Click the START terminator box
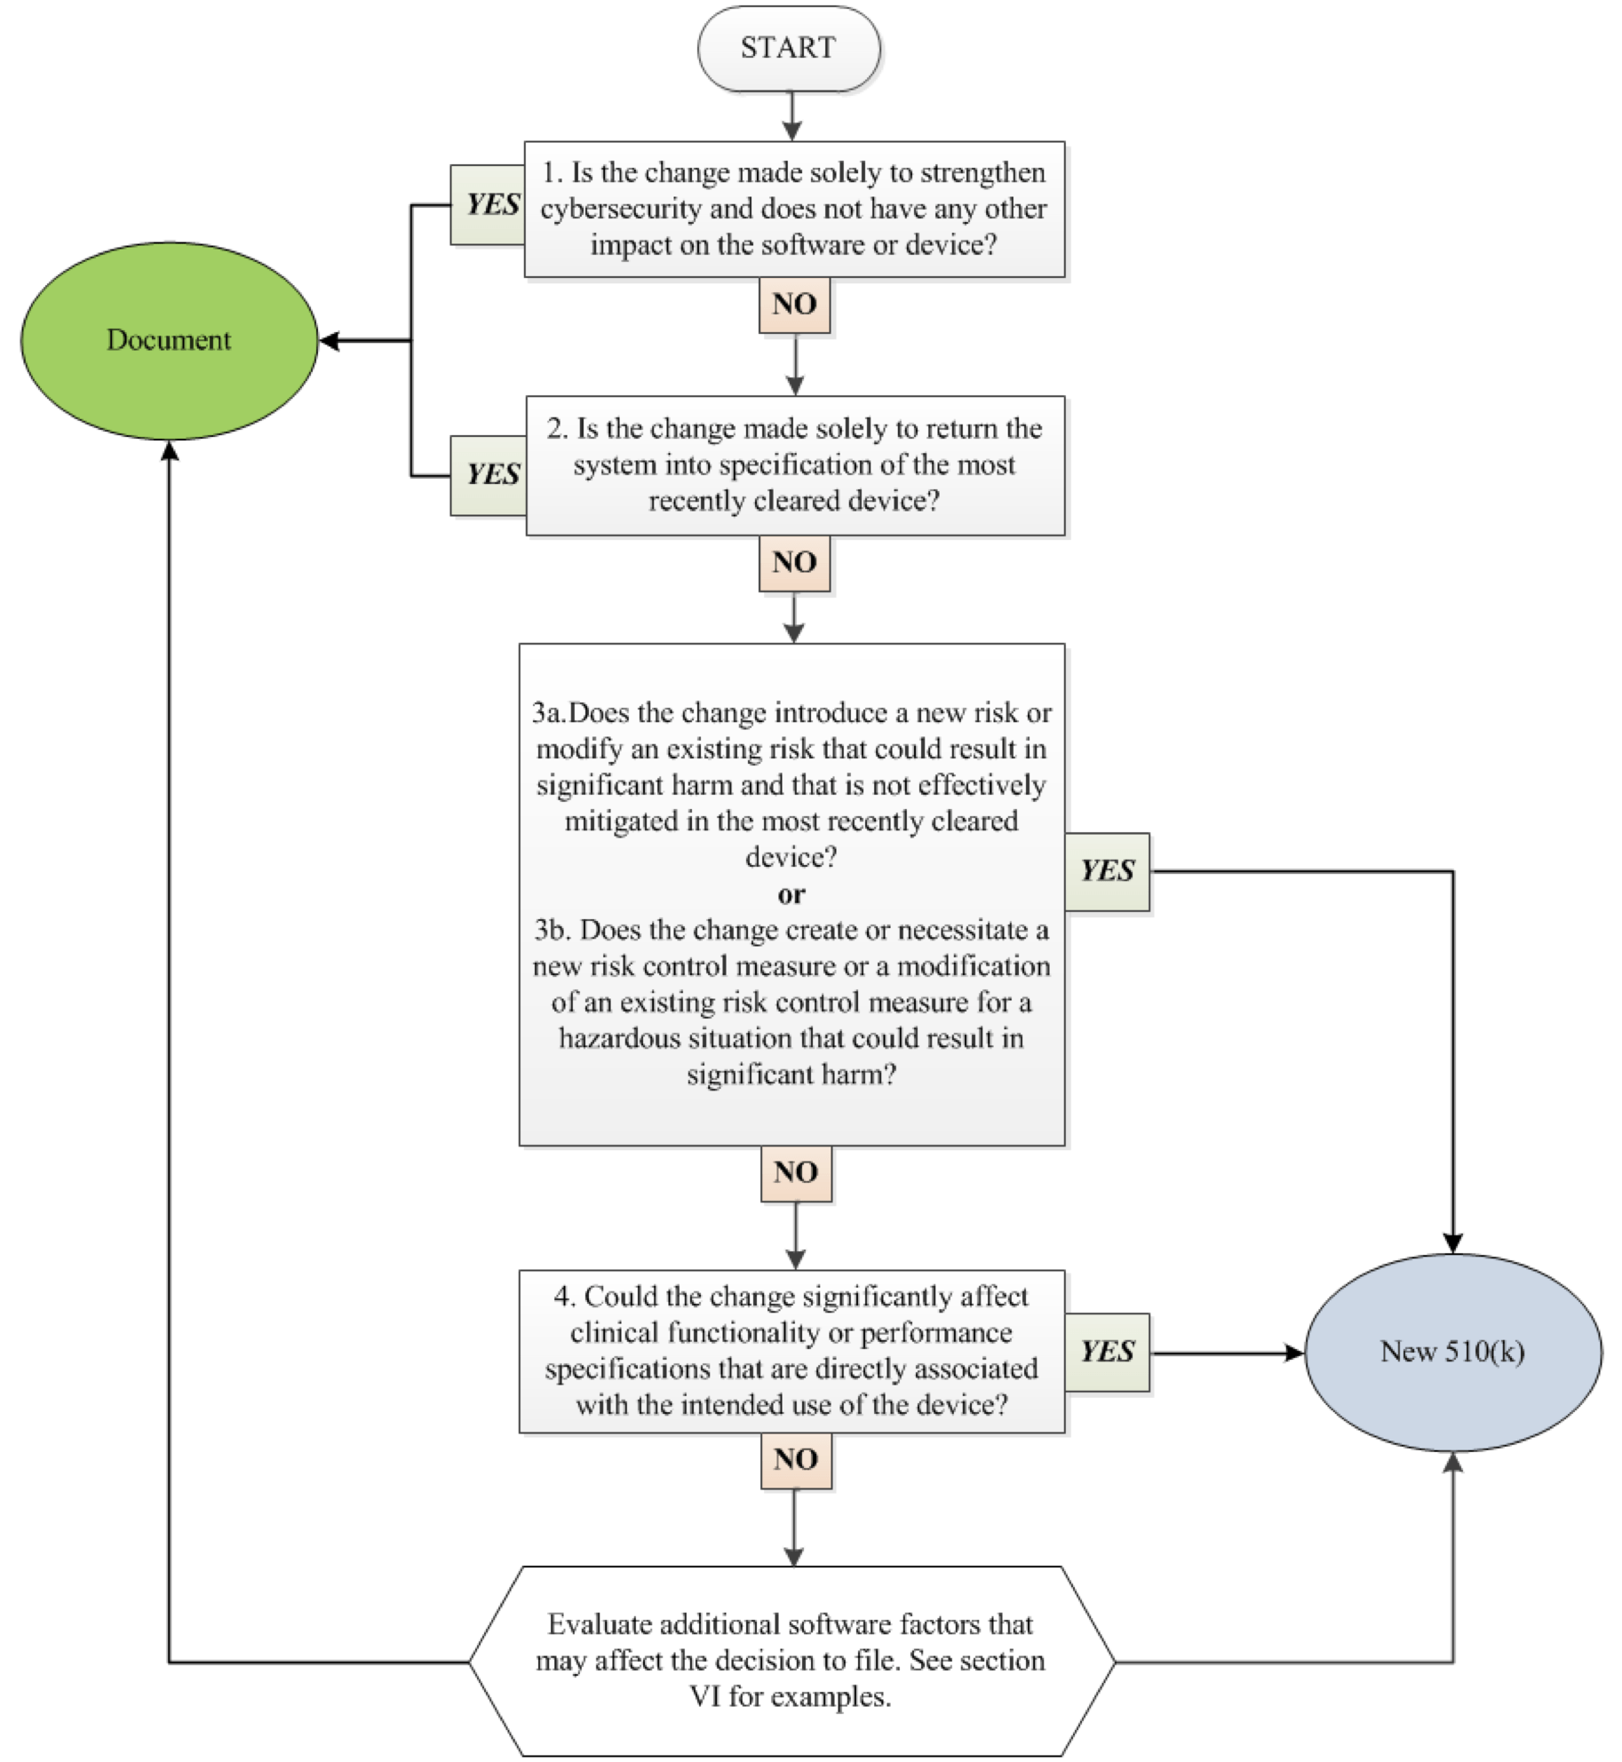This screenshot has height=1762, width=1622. [x=789, y=48]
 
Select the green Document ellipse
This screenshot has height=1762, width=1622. [x=169, y=340]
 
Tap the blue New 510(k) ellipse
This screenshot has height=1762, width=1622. [x=1452, y=1352]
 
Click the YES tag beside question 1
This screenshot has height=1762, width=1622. [x=488, y=205]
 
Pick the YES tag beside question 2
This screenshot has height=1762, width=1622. [x=489, y=475]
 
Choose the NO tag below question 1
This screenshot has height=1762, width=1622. [x=794, y=305]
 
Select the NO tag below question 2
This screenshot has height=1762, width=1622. [x=794, y=562]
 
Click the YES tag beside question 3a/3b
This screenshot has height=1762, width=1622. [x=1107, y=871]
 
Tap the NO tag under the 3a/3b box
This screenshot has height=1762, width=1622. [x=796, y=1172]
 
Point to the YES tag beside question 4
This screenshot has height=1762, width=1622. [x=1107, y=1352]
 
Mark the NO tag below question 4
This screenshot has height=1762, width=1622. [x=796, y=1459]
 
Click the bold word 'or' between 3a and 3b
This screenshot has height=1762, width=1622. [x=791, y=894]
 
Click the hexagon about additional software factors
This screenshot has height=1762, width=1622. [x=791, y=1660]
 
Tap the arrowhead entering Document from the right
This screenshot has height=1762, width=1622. [x=329, y=340]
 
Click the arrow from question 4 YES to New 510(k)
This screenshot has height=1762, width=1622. [x=1226, y=1353]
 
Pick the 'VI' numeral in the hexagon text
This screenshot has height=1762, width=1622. [x=705, y=1696]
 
